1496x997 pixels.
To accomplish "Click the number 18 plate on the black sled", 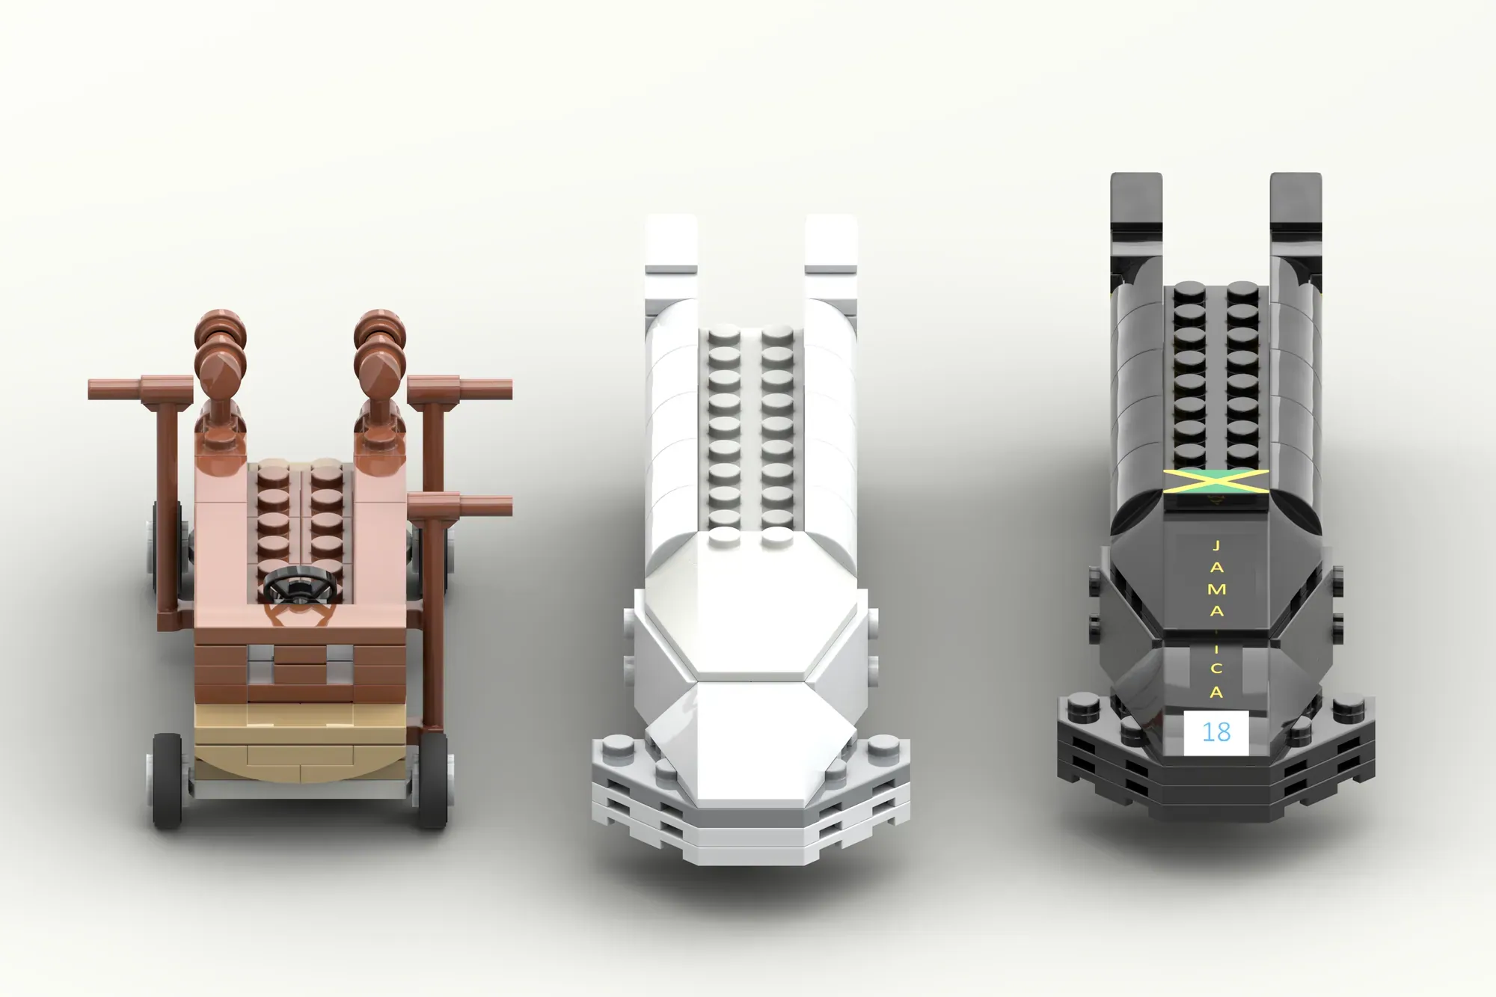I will (x=1216, y=731).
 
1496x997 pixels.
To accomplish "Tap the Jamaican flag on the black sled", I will (x=1216, y=481).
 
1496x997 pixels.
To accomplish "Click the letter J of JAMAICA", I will (x=1216, y=546).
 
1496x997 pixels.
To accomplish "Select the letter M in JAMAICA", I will (x=1216, y=589).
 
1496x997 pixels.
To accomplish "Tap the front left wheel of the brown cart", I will (x=167, y=780).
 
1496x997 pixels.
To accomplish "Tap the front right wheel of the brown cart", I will (x=432, y=780).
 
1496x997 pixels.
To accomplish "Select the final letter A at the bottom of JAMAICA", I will (x=1216, y=693).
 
